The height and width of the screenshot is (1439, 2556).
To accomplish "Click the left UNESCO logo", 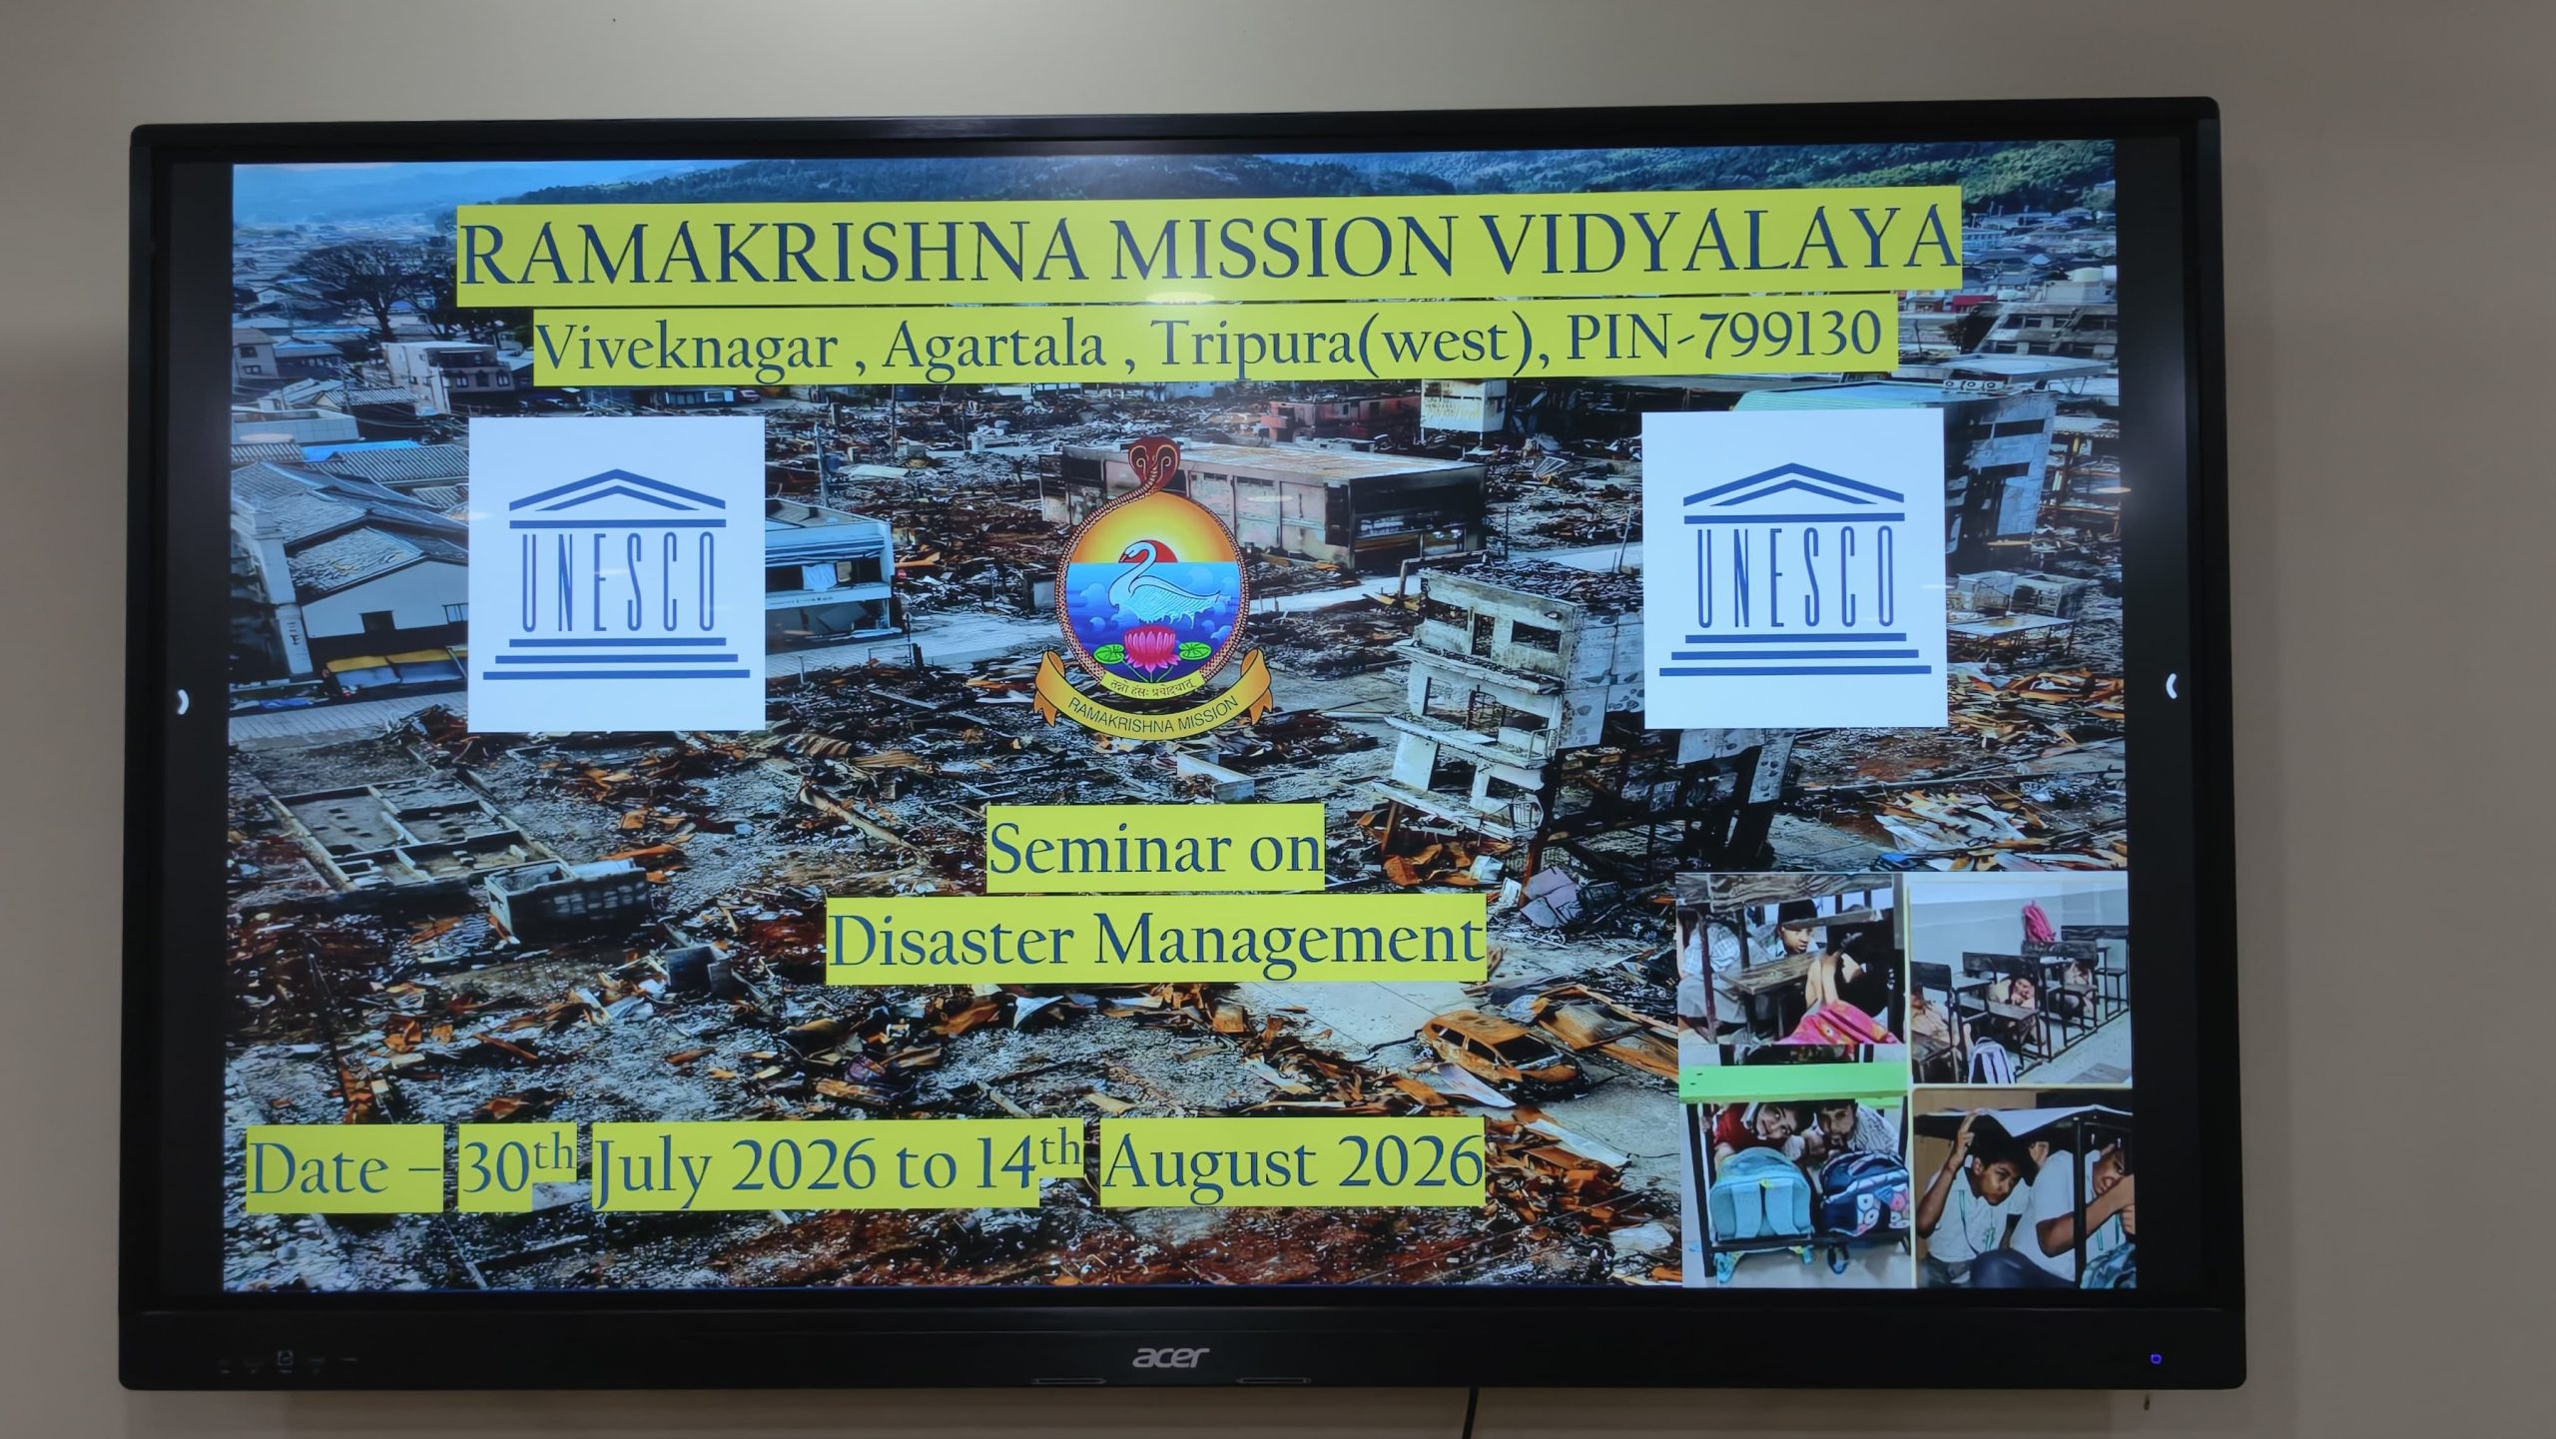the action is (x=616, y=573).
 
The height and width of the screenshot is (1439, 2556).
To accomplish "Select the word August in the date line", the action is (x=1208, y=1163).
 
